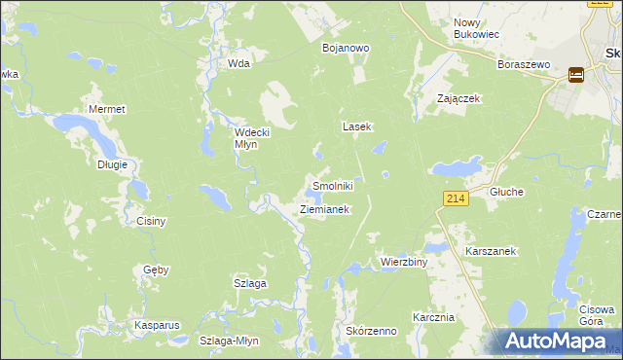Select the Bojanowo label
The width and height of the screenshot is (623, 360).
(x=343, y=47)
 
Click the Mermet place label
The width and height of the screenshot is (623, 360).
(x=107, y=109)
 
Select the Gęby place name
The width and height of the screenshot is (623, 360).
(x=156, y=269)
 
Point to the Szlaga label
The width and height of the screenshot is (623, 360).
(x=249, y=283)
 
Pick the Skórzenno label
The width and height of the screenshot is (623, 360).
(x=371, y=331)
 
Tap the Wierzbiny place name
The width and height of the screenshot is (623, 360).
(x=404, y=262)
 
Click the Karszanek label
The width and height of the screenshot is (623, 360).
(x=490, y=250)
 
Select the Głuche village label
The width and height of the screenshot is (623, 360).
(x=506, y=192)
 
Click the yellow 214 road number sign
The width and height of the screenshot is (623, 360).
(x=456, y=198)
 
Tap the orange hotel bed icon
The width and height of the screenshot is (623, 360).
(x=576, y=73)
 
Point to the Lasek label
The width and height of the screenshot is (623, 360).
(x=356, y=126)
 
